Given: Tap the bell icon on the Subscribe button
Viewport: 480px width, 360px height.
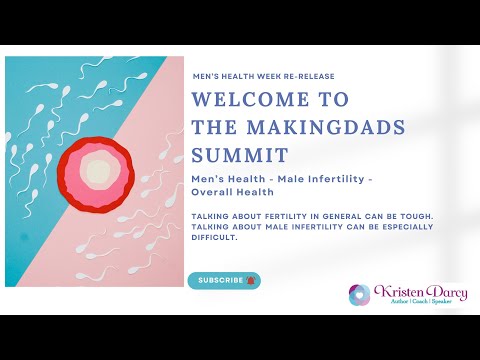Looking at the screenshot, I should click(251, 280).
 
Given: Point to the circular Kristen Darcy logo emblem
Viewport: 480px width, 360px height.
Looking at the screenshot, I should click(359, 295).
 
